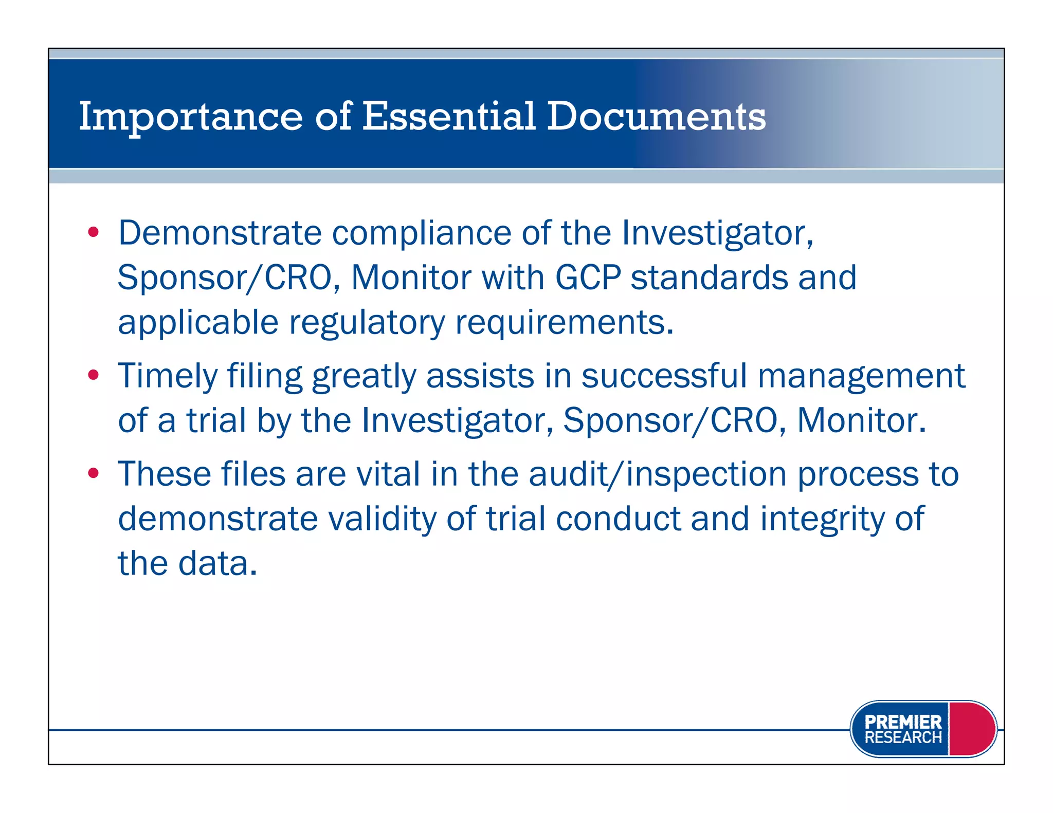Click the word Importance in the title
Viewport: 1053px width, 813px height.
(190, 117)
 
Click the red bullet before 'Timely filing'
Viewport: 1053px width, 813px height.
(93, 375)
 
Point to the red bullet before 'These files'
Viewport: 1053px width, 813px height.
(93, 473)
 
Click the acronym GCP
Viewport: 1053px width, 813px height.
(588, 278)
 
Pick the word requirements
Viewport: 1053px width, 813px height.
(564, 323)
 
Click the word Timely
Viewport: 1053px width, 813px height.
(168, 376)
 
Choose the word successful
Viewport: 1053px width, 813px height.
(664, 375)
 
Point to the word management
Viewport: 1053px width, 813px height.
(861, 376)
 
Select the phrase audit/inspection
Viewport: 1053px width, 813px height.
(658, 474)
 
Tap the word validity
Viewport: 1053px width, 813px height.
(382, 519)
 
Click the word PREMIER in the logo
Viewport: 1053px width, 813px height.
(903, 722)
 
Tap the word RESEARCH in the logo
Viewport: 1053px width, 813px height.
(903, 737)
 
